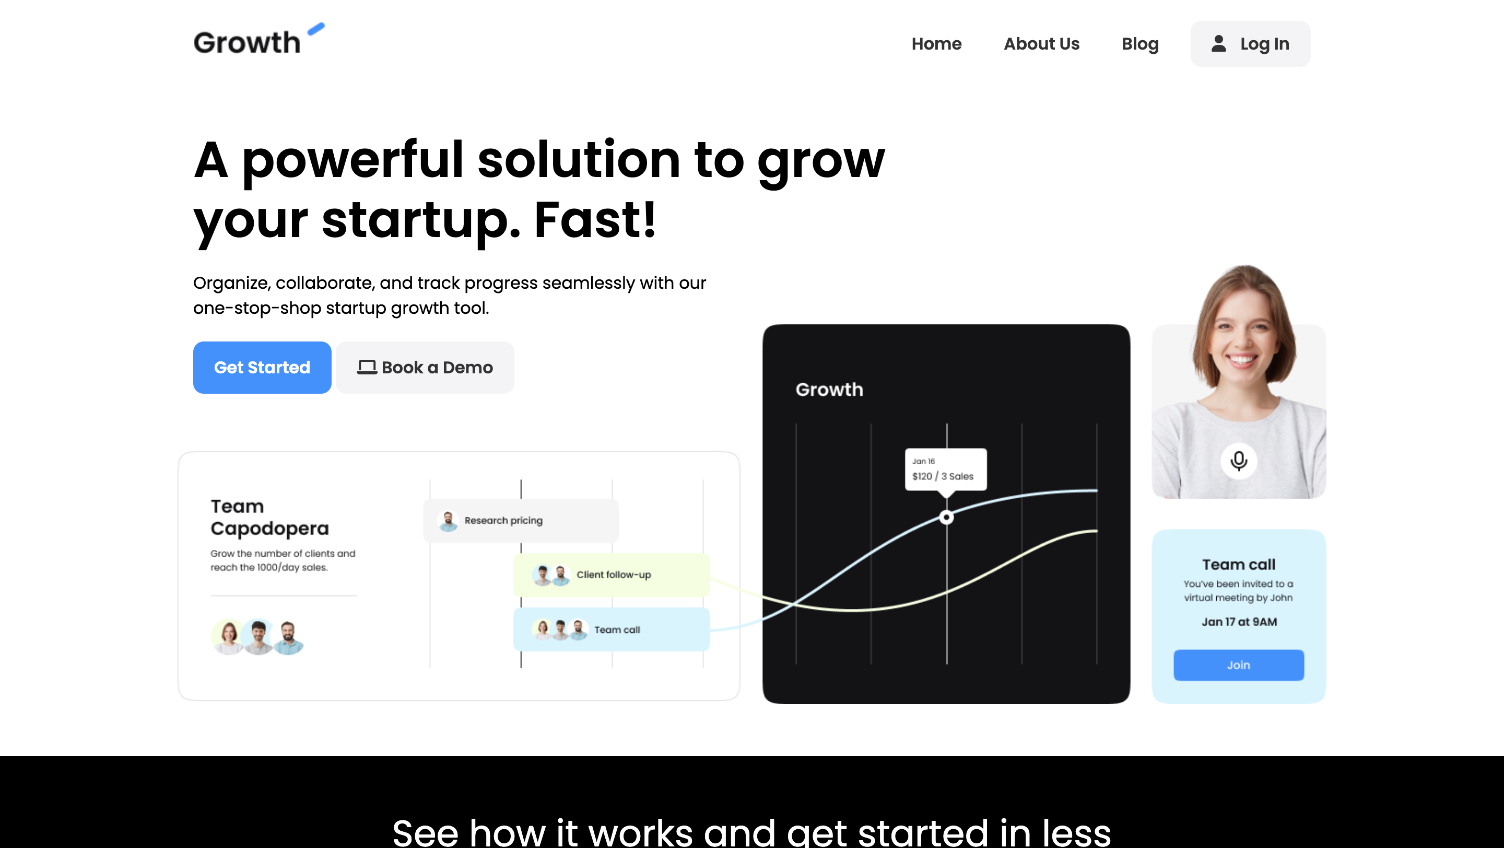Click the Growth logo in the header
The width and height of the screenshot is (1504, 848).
(258, 39)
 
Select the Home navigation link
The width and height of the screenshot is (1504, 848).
(936, 44)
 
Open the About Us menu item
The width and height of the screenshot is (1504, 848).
(1041, 44)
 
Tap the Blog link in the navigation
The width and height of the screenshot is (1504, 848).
(1139, 44)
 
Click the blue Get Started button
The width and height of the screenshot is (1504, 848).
(262, 367)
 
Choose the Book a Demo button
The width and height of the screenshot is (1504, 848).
(425, 367)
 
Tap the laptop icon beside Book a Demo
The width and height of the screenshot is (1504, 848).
(367, 367)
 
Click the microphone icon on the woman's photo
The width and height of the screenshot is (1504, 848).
(1238, 461)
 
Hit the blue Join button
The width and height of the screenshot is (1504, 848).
(1238, 665)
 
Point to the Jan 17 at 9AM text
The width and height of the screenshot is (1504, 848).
(1239, 621)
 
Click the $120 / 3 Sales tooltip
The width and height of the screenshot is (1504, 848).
(946, 469)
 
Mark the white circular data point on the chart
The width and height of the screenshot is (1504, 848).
(946, 517)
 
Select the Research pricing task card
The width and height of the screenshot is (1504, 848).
(521, 520)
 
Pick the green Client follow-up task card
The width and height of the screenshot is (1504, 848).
(612, 574)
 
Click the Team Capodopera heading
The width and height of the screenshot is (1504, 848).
(270, 517)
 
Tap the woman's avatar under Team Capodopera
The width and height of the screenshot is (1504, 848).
(229, 637)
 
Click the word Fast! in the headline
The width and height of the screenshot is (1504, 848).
(595, 219)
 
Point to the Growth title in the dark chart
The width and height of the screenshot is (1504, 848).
(829, 389)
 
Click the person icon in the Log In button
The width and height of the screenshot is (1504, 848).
(1218, 43)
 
